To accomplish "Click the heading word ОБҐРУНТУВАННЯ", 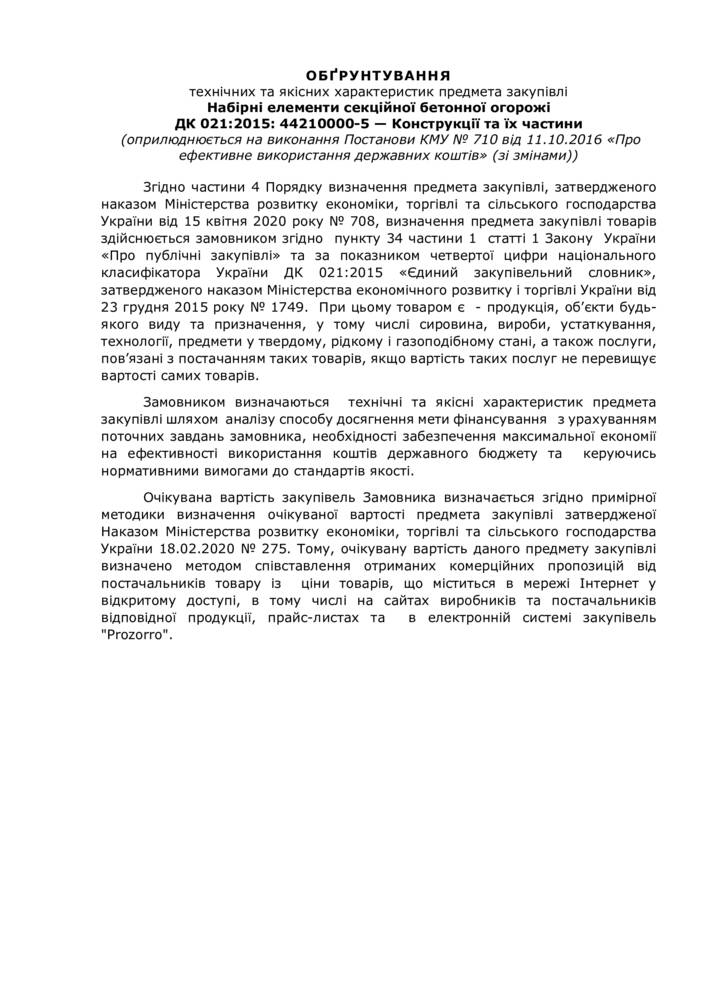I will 378,75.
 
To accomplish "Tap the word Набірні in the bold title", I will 237,107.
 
